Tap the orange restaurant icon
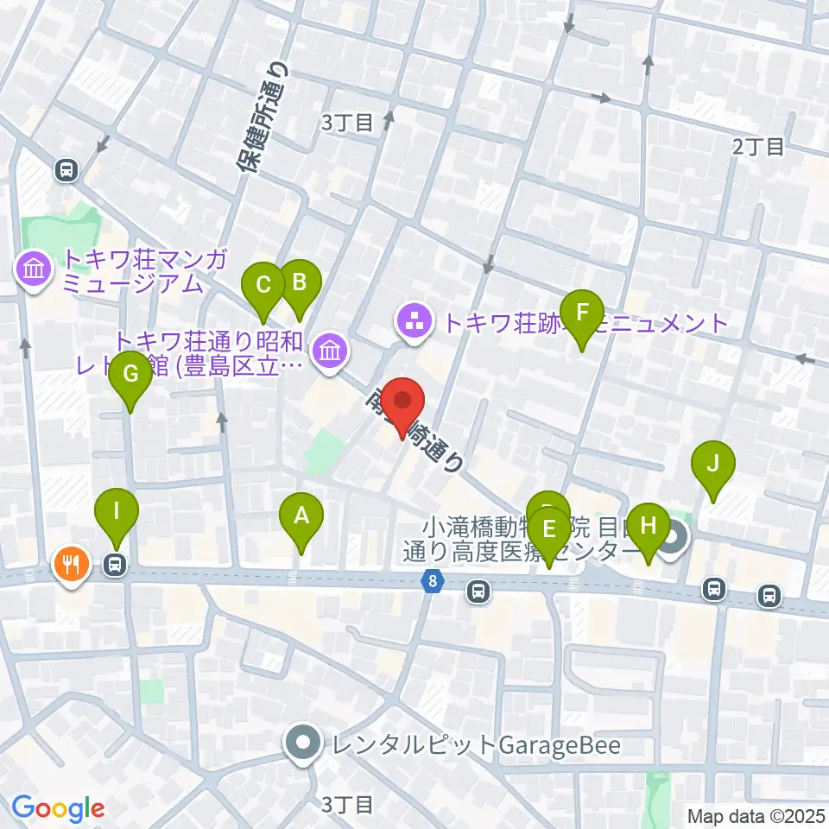(x=70, y=565)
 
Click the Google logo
(x=58, y=809)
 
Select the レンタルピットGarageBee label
(x=471, y=744)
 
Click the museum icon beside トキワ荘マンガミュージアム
(x=34, y=270)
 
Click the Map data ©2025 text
(x=756, y=815)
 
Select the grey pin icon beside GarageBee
(x=302, y=743)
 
